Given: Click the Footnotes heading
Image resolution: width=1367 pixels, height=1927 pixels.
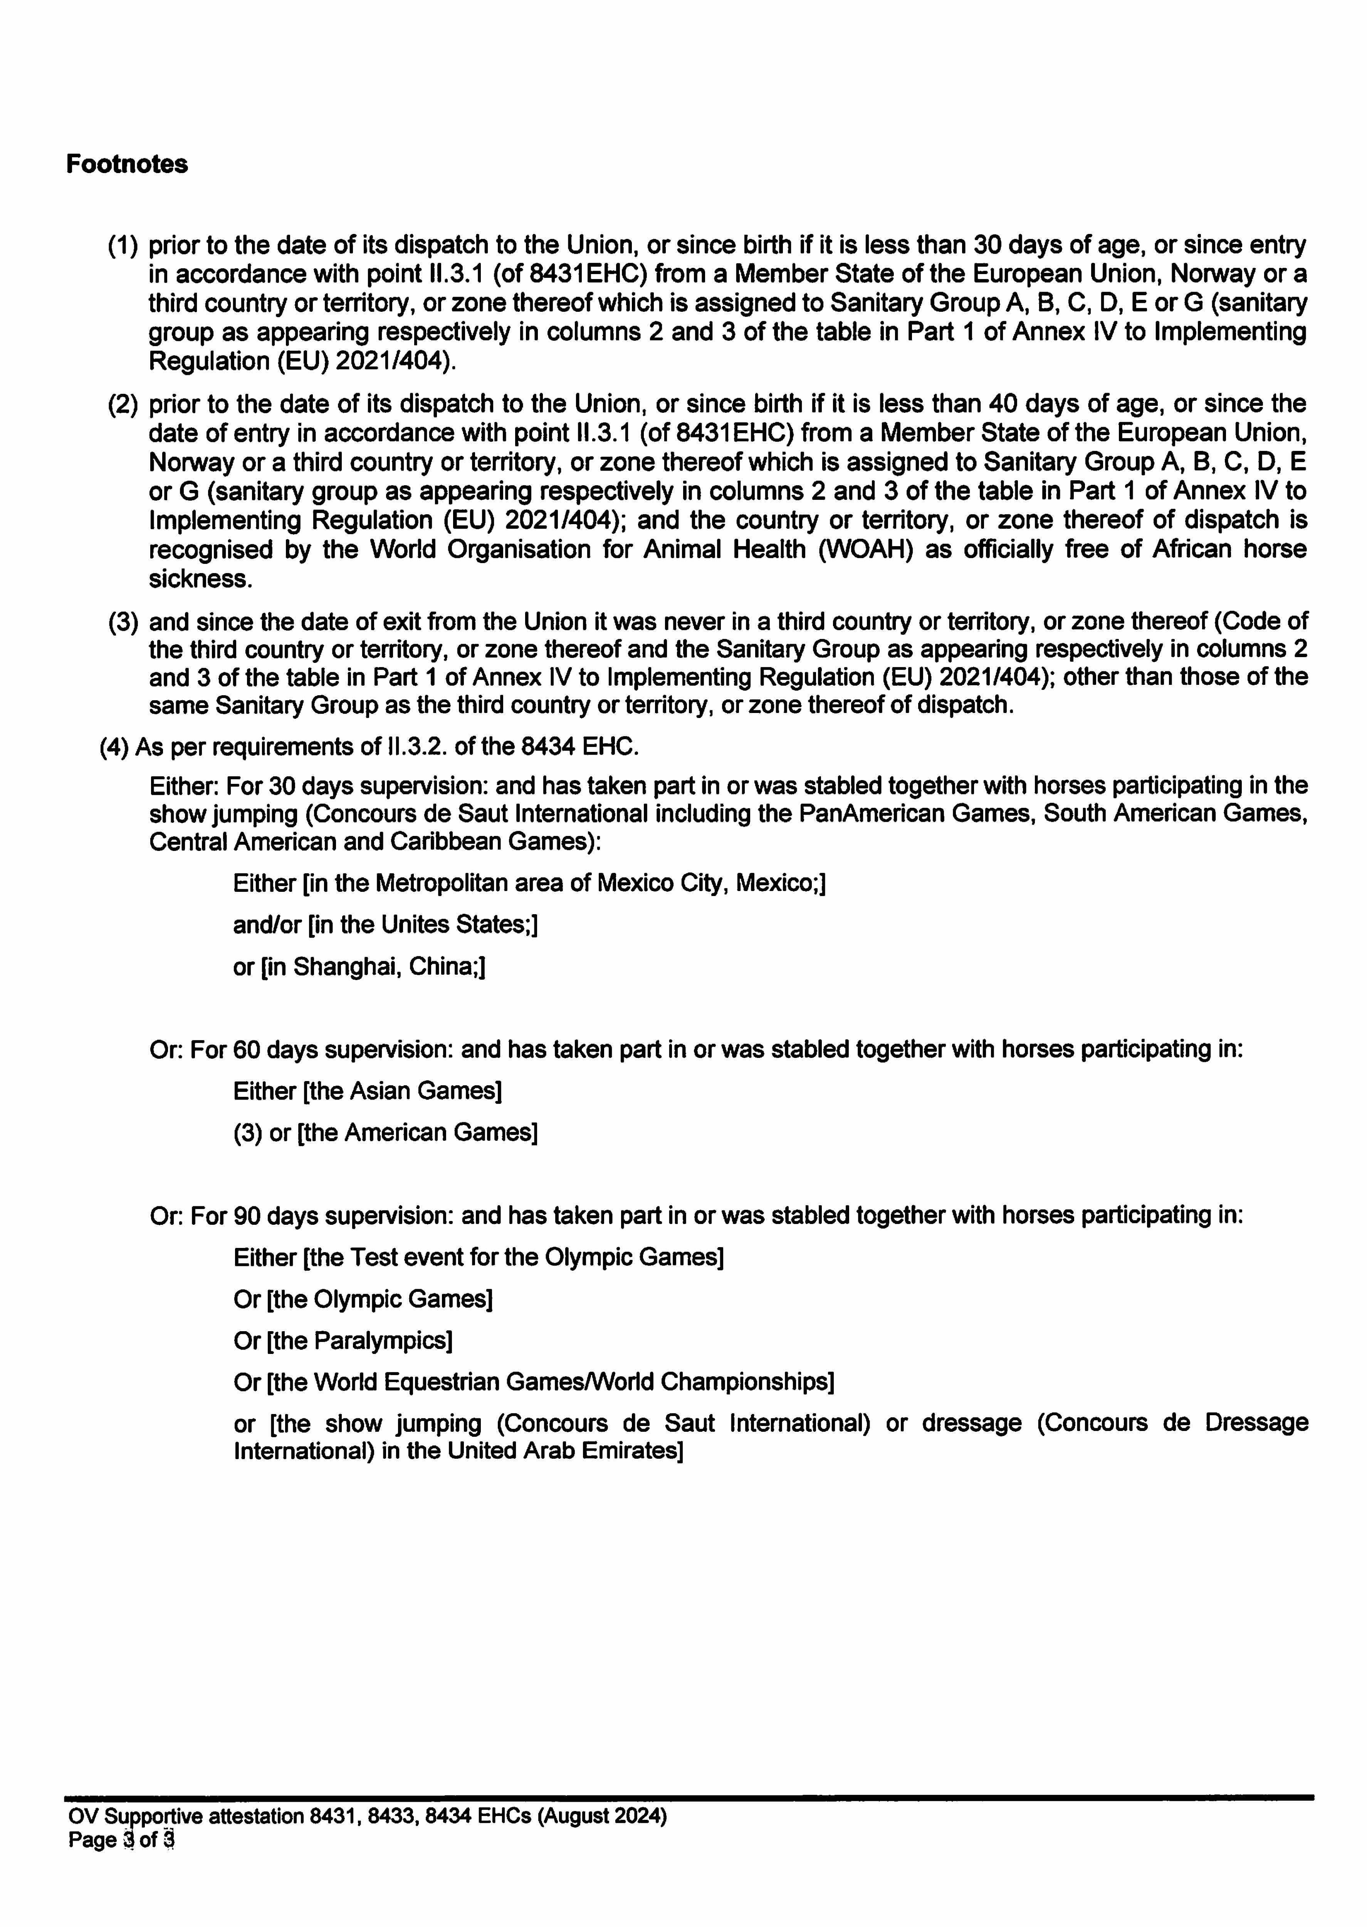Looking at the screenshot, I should [127, 164].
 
